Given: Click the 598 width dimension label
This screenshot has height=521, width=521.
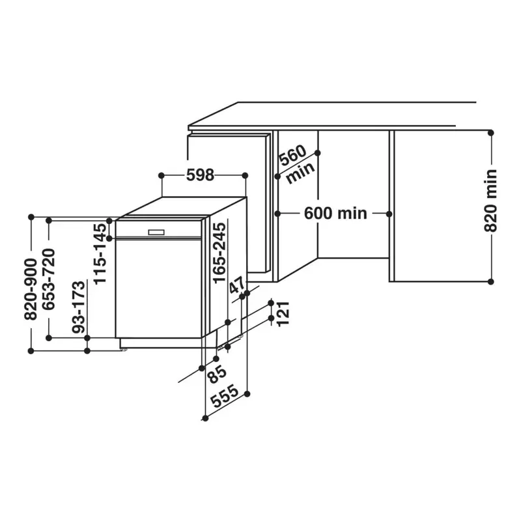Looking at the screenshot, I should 200,175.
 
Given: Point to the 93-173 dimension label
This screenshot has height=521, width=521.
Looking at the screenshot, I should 79,307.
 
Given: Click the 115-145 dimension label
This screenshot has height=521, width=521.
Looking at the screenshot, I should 100,253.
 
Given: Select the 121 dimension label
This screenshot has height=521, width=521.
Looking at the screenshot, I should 282,315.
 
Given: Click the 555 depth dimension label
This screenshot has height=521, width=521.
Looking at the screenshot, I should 223,397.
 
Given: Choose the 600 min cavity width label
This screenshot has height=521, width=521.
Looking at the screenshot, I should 335,213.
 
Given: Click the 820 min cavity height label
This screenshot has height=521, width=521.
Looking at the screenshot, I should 491,200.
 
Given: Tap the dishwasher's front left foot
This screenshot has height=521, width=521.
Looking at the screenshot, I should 123,349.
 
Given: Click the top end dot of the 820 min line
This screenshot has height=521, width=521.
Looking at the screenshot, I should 492,132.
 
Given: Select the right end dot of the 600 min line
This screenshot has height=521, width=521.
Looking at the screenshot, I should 389,213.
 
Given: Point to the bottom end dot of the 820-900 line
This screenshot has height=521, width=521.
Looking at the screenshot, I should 31,350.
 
